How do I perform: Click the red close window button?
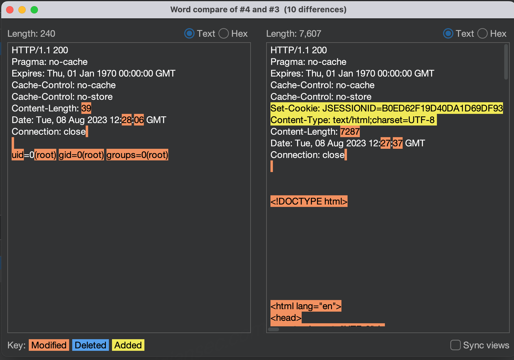coord(10,10)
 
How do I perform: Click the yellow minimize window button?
coord(22,10)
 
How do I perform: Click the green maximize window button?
coord(34,10)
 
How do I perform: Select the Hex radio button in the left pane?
coord(223,34)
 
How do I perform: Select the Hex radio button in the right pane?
coord(482,34)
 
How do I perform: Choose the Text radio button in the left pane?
coord(189,34)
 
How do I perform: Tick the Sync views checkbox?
coord(456,345)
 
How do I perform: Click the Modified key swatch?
coord(49,345)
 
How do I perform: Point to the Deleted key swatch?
coord(91,345)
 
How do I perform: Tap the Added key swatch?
coord(128,345)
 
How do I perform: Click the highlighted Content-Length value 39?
coord(86,108)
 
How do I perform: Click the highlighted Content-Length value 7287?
coord(350,132)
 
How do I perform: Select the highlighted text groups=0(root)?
coord(137,155)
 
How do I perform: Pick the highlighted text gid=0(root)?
coord(81,155)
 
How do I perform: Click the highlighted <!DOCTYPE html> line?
coord(309,201)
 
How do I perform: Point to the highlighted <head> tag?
coord(286,318)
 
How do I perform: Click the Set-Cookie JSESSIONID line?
coord(387,108)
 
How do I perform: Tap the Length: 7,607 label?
coord(293,34)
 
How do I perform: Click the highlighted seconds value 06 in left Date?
coord(139,120)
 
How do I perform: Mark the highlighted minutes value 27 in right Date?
coord(385,143)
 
